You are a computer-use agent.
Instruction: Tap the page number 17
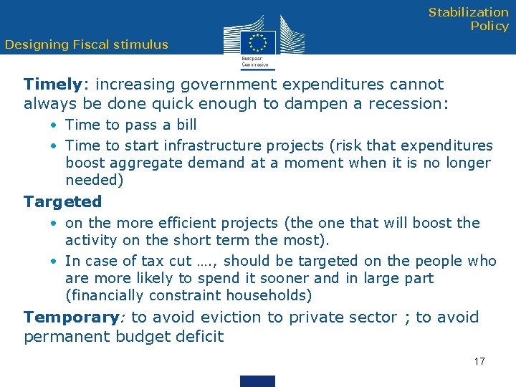tap(479, 361)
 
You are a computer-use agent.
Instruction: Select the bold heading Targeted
tap(62, 202)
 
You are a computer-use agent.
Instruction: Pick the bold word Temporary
tap(70, 317)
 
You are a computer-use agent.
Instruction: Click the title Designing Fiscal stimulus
tap(86, 44)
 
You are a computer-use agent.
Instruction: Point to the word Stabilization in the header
tap(469, 12)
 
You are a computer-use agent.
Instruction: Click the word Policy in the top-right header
tap(489, 26)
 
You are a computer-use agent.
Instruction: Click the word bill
tap(186, 125)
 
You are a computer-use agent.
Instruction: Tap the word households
tap(269, 295)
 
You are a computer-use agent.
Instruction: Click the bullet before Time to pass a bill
tap(54, 125)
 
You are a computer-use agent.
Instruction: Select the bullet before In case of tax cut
tap(54, 262)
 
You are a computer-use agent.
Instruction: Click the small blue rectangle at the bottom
tap(258, 381)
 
